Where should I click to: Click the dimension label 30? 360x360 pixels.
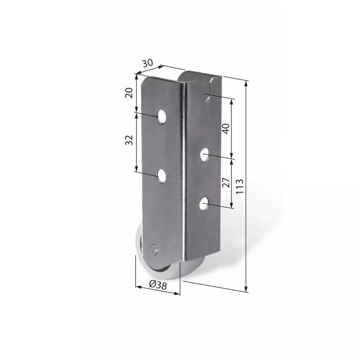pos(147,63)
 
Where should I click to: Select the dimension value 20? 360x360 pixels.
pos(129,93)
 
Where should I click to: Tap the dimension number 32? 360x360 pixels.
pos(129,140)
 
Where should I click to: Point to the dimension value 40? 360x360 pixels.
pos(226,129)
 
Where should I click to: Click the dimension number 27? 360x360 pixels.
pos(226,183)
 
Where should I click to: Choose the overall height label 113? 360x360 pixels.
pos(239,186)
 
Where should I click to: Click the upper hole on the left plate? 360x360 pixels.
pos(162,116)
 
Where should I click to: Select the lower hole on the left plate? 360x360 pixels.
pos(162,176)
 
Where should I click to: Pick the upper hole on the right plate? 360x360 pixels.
pos(204,155)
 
